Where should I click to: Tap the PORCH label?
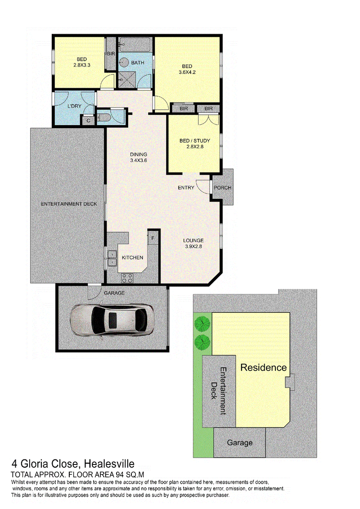pyautogui.click(x=222, y=188)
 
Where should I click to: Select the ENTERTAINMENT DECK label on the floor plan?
pyautogui.click(x=69, y=204)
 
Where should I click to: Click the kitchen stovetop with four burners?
pyautogui.click(x=126, y=278)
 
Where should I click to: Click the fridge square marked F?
pyautogui.click(x=153, y=238)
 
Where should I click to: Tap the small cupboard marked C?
pyautogui.click(x=88, y=121)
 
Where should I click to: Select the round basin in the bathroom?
pyautogui.click(x=124, y=62)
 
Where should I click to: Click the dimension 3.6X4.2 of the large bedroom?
pyautogui.click(x=187, y=72)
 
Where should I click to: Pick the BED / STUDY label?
pyautogui.click(x=195, y=140)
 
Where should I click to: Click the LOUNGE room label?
pyautogui.click(x=193, y=240)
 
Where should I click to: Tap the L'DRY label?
pyautogui.click(x=74, y=106)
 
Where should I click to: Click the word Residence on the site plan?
pyautogui.click(x=263, y=368)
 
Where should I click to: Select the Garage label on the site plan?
pyautogui.click(x=239, y=443)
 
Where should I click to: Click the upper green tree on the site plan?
pyautogui.click(x=202, y=323)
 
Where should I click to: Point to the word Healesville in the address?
pyautogui.click(x=109, y=464)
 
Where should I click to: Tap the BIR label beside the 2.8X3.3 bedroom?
pyautogui.click(x=111, y=54)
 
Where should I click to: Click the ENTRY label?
pyautogui.click(x=186, y=188)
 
